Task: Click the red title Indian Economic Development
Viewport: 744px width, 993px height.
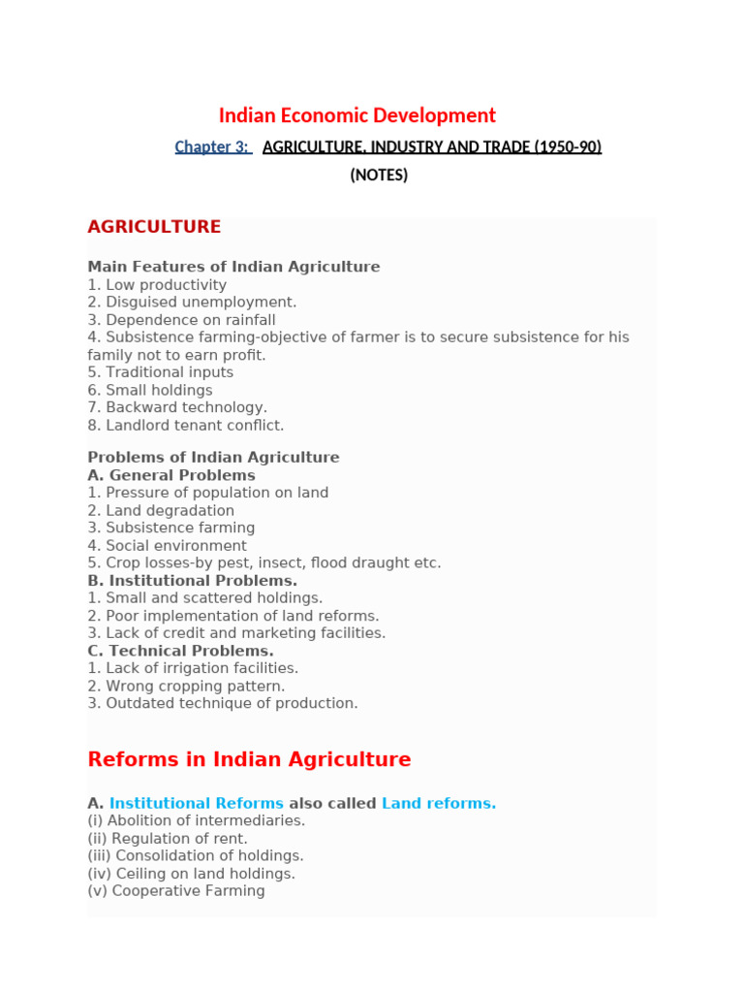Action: coord(356,115)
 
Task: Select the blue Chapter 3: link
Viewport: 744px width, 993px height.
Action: coord(212,146)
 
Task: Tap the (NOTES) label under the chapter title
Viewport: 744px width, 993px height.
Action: coord(379,176)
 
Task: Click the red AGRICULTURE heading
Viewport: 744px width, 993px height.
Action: coord(154,227)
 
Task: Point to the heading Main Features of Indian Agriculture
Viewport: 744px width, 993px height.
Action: coord(233,267)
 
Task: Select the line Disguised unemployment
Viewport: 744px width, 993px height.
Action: coord(192,302)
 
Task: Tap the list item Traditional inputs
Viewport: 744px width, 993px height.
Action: coord(161,372)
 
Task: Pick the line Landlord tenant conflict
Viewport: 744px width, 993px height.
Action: coord(186,425)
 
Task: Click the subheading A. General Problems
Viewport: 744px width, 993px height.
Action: coord(171,475)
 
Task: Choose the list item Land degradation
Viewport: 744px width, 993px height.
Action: coord(161,510)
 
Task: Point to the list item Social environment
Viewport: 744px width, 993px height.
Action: coord(167,545)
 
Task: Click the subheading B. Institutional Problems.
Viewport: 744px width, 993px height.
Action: coord(192,581)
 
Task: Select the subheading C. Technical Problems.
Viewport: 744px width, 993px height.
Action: coord(180,651)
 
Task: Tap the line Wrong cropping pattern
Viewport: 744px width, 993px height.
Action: coord(186,686)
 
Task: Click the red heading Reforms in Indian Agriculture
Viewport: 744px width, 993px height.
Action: coord(249,759)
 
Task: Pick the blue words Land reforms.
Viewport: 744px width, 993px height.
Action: coord(439,803)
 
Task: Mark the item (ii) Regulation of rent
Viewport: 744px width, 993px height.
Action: coord(168,838)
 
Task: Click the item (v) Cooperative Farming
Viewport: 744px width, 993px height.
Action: coord(175,890)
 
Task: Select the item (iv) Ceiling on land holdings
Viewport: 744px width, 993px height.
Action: coord(191,873)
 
